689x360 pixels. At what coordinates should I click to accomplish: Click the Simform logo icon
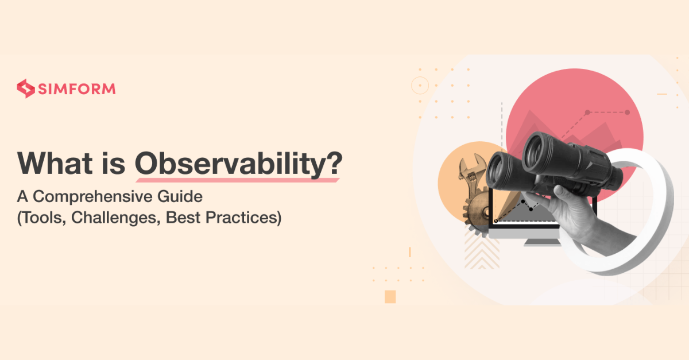pyautogui.click(x=25, y=88)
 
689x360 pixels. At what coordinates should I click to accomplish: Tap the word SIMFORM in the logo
pyautogui.click(x=77, y=89)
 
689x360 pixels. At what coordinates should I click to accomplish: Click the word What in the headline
pyautogui.click(x=55, y=163)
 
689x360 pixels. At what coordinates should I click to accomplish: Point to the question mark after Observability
pyautogui.click(x=334, y=162)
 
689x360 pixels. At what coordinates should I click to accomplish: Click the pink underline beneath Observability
pyautogui.click(x=238, y=180)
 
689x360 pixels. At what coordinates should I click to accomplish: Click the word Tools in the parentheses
pyautogui.click(x=44, y=218)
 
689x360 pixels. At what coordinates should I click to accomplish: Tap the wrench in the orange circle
pyautogui.click(x=471, y=175)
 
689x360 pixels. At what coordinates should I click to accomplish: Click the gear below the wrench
pyautogui.click(x=477, y=212)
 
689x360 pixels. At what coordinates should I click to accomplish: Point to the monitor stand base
pyautogui.click(x=542, y=243)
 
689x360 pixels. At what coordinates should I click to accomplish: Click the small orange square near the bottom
pyautogui.click(x=390, y=297)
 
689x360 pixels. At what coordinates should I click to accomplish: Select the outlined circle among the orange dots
pyautogui.click(x=420, y=85)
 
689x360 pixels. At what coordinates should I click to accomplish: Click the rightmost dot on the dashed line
pyautogui.click(x=627, y=113)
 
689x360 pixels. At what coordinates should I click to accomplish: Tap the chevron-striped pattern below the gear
pyautogui.click(x=482, y=251)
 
